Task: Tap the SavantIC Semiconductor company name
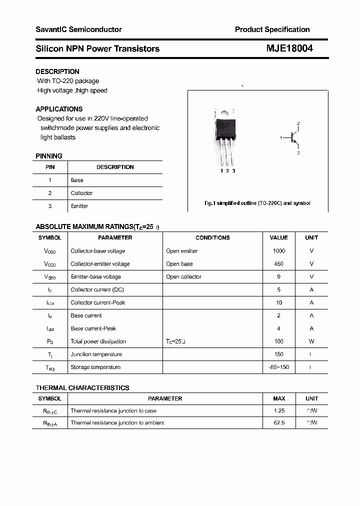point(78,29)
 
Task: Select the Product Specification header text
point(272,29)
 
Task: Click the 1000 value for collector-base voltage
point(278,251)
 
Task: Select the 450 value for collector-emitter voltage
point(278,264)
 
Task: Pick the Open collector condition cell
point(183,277)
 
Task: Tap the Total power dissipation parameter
point(98,341)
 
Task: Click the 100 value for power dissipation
point(278,341)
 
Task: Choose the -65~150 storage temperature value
point(278,367)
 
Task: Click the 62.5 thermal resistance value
point(278,423)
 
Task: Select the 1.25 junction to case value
point(278,411)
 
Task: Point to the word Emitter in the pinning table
point(79,206)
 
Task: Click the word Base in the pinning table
point(77,180)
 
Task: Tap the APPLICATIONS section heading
point(59,109)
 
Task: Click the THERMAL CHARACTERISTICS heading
point(82,388)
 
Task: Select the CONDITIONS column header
point(212,238)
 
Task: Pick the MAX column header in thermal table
point(279,399)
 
